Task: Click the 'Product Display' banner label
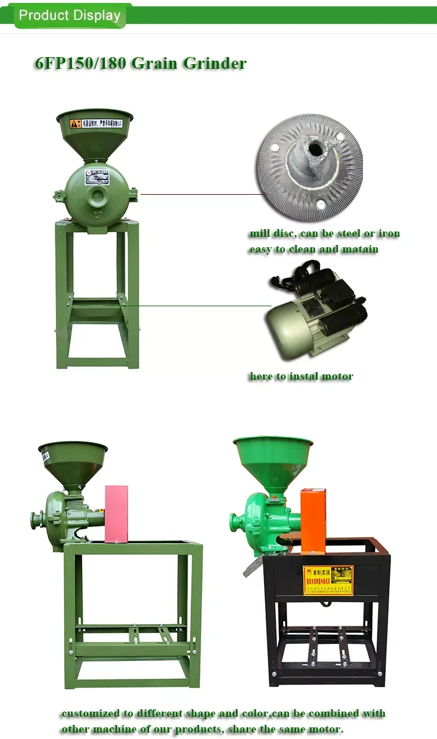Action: click(x=69, y=15)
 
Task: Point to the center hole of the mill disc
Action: click(x=315, y=150)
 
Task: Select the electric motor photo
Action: click(x=315, y=314)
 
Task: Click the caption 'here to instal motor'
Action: click(x=301, y=376)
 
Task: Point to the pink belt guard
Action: click(x=116, y=513)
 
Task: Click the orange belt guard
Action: click(x=313, y=520)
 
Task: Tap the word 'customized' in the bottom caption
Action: click(x=90, y=714)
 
